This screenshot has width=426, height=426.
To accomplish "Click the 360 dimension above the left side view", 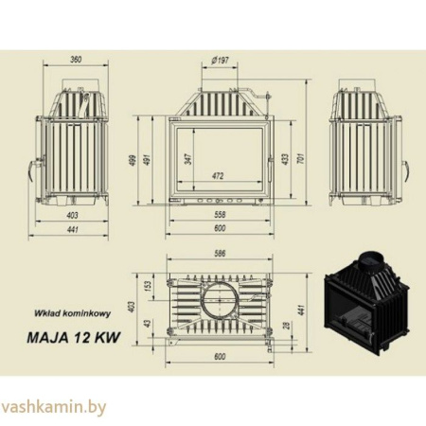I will (x=76, y=60).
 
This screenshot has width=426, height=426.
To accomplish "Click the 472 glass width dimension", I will (x=218, y=175).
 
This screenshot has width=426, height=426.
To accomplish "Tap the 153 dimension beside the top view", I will (x=148, y=284).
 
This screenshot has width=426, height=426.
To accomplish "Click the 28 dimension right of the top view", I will (x=286, y=327).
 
